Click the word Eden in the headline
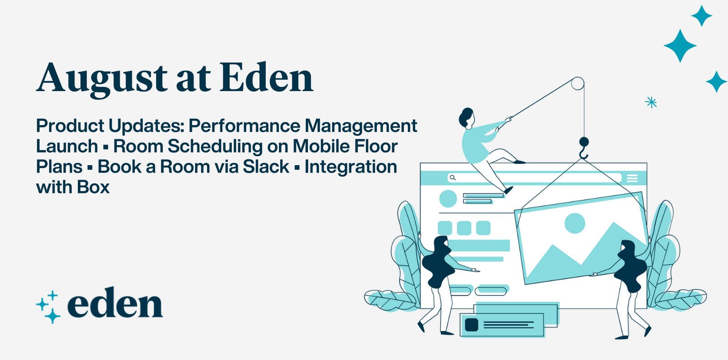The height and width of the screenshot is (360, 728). click(267, 77)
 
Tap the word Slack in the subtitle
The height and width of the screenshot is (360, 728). click(266, 167)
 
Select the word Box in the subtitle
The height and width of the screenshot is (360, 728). click(93, 187)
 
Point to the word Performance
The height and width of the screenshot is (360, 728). click(244, 126)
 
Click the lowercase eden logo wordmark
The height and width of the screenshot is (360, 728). click(115, 304)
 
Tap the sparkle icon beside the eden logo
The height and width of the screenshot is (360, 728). click(49, 307)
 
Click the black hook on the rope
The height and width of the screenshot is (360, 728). click(584, 146)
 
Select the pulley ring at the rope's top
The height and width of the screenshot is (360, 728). click(577, 84)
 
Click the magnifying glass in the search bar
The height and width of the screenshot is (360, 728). click(452, 177)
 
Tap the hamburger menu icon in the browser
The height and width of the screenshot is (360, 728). click(632, 178)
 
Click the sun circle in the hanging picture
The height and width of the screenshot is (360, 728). click(574, 223)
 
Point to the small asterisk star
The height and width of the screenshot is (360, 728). click(651, 102)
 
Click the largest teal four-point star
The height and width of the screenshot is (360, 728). click(680, 46)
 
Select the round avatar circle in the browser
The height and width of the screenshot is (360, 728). click(448, 199)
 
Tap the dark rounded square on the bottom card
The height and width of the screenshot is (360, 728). click(471, 325)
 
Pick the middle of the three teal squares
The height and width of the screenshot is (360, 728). click(464, 228)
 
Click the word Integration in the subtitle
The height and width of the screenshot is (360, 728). click(351, 167)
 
